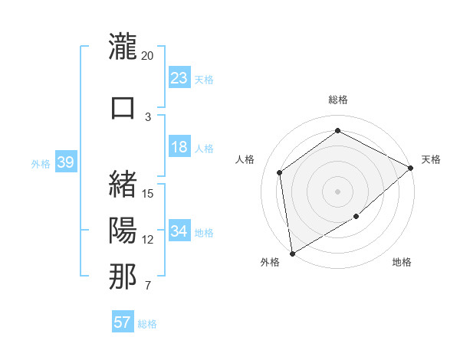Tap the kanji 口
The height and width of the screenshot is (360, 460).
[123, 107]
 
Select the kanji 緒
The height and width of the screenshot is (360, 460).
[123, 184]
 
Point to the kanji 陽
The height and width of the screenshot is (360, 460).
[123, 230]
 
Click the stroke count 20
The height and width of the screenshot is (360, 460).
[147, 56]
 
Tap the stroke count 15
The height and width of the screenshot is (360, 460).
[149, 193]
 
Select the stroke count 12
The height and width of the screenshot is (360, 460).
[148, 240]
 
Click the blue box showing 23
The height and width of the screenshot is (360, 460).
[179, 77]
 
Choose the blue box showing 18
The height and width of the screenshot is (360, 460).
[179, 147]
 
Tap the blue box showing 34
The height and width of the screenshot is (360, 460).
[179, 231]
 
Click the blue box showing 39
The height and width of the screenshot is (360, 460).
[66, 162]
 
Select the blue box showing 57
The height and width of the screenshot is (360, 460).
[123, 322]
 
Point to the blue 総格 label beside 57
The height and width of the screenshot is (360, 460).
[147, 324]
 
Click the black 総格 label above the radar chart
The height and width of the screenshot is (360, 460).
[338, 100]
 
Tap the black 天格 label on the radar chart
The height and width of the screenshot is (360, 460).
[431, 159]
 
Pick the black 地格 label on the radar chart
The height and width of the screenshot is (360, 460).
[402, 263]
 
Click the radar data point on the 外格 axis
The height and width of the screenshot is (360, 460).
[292, 253]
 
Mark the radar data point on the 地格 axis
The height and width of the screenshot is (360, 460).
[356, 217]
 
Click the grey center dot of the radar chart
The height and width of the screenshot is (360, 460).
[337, 190]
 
